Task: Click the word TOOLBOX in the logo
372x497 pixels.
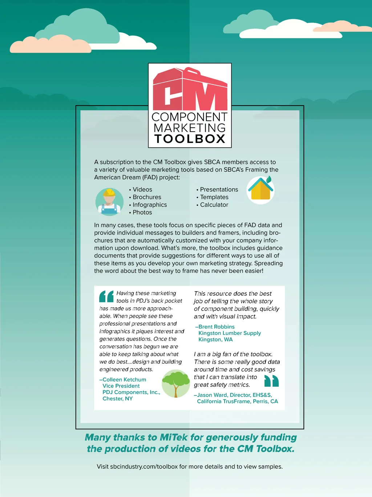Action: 190,139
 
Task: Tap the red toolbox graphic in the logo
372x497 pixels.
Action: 190,90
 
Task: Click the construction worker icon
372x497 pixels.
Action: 109,202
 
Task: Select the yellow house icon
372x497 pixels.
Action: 260,189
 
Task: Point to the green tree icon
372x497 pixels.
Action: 176,383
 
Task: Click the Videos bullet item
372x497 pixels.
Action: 142,189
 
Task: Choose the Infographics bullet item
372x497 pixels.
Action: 149,205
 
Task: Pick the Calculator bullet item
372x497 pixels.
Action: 214,205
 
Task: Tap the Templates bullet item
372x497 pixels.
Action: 214,197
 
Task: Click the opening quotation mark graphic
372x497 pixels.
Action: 106,296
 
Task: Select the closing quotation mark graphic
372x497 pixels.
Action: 271,381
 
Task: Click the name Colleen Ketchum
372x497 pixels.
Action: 124,379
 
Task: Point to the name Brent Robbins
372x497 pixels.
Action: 217,327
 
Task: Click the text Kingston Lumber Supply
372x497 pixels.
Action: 230,333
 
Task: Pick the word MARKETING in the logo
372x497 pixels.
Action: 190,128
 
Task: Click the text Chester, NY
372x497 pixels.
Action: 118,399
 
